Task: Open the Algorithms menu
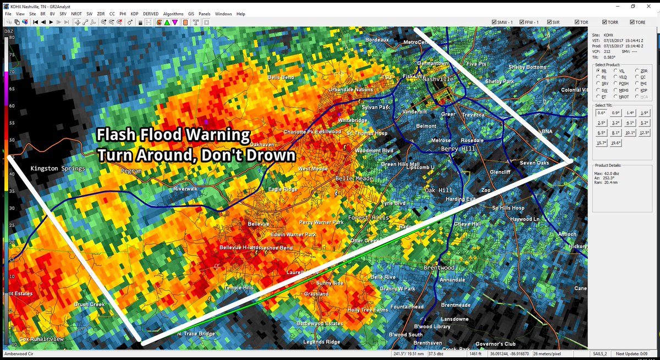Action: pos(173,13)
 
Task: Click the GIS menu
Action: pos(191,13)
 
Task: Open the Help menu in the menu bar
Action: pos(240,13)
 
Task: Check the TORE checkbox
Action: pos(632,22)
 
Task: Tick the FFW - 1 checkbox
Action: pos(522,22)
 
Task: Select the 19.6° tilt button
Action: pos(615,143)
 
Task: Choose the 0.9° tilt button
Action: pos(615,113)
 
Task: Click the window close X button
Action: pos(650,5)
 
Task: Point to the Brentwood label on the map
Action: pos(438,268)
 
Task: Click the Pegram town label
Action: pos(131,171)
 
